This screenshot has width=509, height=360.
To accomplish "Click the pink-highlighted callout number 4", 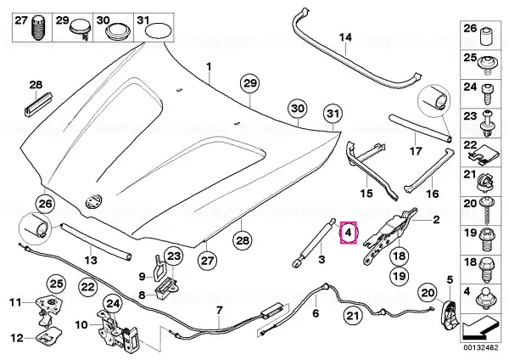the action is point(348,233).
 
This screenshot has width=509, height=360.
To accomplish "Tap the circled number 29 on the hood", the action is point(250,83).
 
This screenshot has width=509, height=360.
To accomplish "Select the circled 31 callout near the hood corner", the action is point(333,114).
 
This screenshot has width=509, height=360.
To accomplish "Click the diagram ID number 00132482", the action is point(480,347).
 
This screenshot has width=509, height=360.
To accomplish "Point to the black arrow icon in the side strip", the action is point(480,329).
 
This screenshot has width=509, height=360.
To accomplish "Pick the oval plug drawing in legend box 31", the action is point(159,31).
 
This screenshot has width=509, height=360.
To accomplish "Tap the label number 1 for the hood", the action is point(209,67).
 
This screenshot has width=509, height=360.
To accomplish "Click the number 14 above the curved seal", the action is point(345,37).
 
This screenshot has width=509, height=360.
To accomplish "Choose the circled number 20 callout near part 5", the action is point(428,293).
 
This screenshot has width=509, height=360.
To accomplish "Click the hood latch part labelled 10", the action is point(119,329).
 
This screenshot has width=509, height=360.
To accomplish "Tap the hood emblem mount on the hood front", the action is point(93,200).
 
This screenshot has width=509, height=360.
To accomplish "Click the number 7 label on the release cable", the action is point(219,311).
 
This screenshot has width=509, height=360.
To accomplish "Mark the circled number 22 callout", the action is point(87,287).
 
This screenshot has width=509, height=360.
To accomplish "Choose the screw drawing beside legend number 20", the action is point(486,210).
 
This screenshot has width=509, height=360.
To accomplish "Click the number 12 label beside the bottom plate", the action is point(18,338).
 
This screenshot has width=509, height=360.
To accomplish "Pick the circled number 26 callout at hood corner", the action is point(45,204).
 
